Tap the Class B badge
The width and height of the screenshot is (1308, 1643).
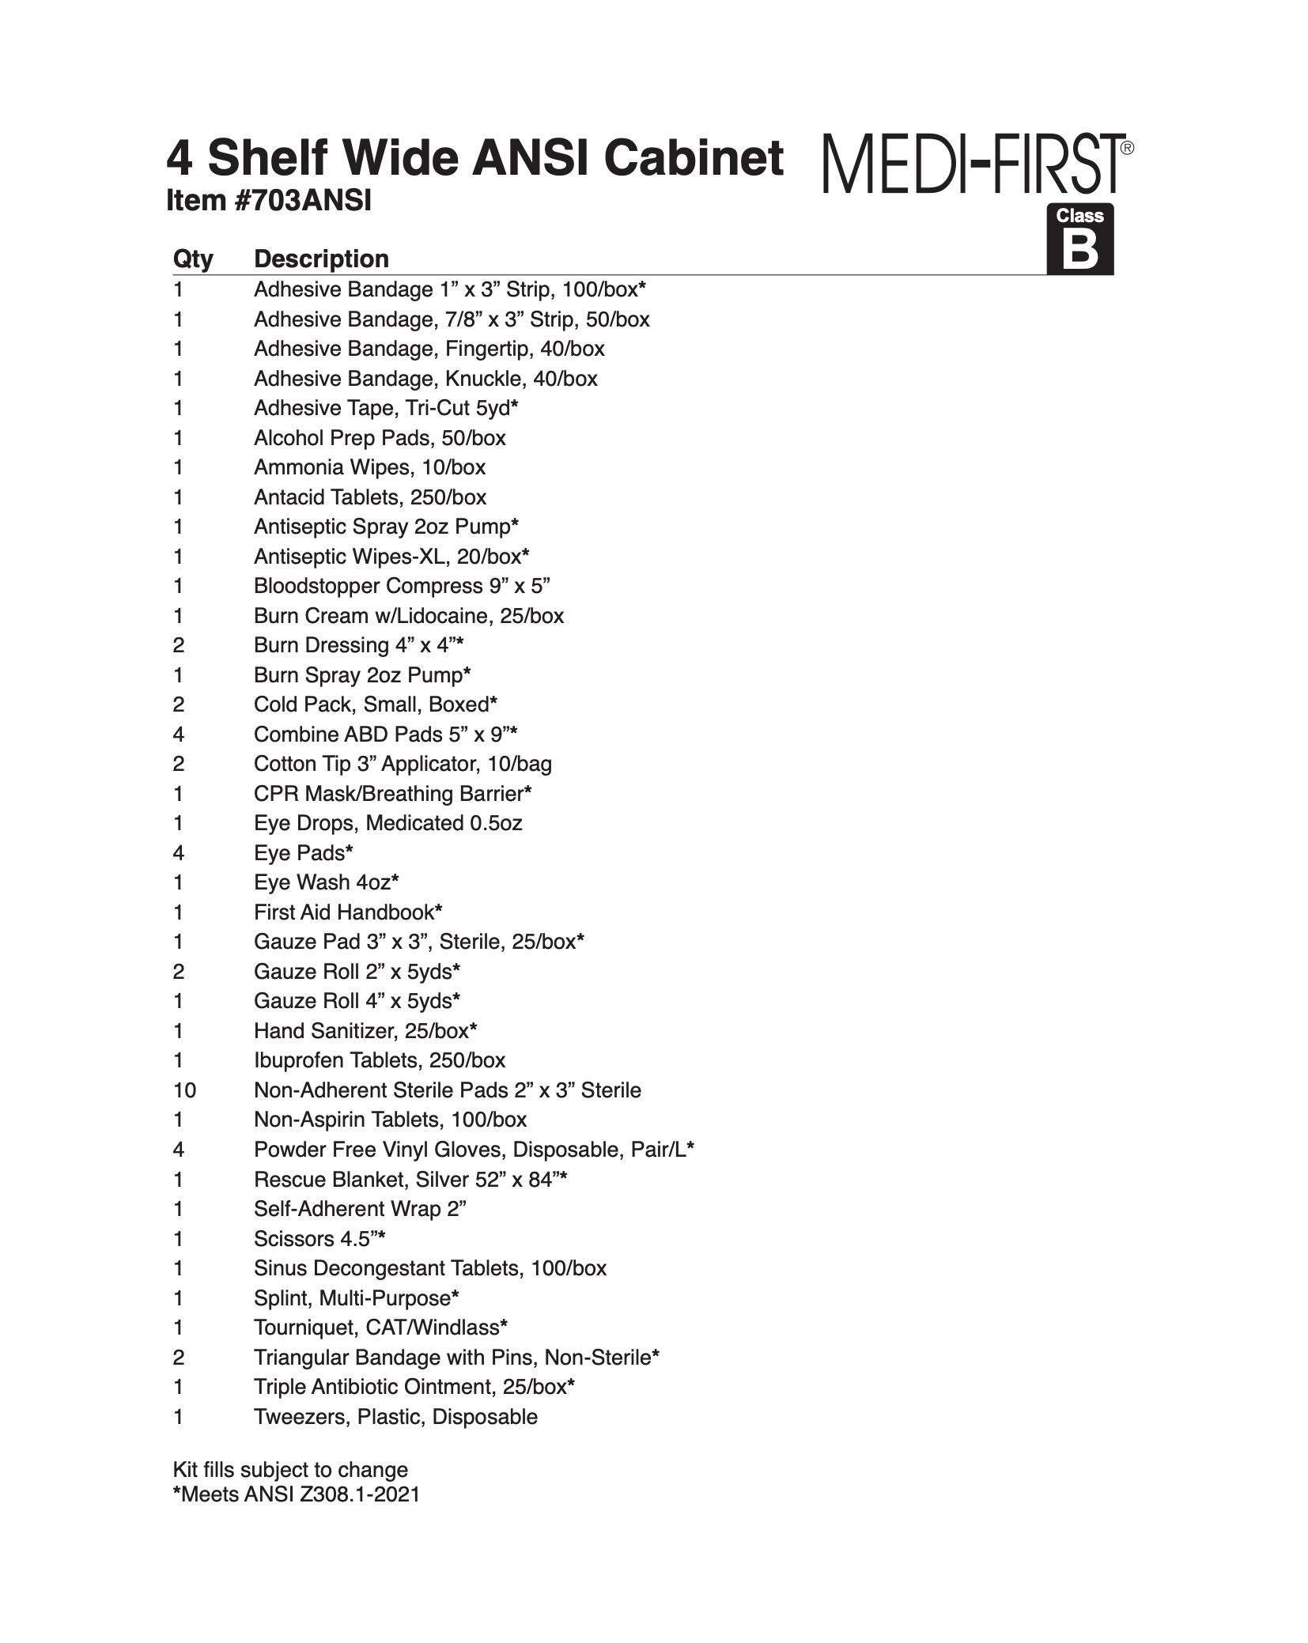(1079, 240)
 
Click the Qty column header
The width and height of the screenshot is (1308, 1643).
(193, 259)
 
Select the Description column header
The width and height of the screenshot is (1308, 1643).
(321, 259)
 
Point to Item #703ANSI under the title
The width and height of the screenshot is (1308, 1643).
(268, 202)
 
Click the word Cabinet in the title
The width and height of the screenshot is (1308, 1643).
(694, 158)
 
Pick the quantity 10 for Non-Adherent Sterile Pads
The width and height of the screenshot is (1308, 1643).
(185, 1090)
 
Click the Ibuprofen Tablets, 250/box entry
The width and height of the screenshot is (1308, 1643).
(380, 1060)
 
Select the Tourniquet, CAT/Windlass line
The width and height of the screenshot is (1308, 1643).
(380, 1328)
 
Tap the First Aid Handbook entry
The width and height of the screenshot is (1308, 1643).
(347, 912)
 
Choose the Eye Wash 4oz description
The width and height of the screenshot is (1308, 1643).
(326, 882)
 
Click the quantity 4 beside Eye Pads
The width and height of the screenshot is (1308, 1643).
(179, 853)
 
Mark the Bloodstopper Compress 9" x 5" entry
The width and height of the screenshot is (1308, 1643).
(402, 586)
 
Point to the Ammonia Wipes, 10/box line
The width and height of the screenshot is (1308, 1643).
(369, 467)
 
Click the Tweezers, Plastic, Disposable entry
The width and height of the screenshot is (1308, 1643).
(395, 1417)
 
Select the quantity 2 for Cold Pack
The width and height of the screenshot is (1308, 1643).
(179, 704)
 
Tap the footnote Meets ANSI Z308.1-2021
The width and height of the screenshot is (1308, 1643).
(297, 1494)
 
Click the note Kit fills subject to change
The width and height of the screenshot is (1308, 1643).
(290, 1470)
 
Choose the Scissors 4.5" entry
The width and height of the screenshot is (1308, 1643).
(319, 1239)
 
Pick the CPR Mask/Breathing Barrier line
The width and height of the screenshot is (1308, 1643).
(392, 794)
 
